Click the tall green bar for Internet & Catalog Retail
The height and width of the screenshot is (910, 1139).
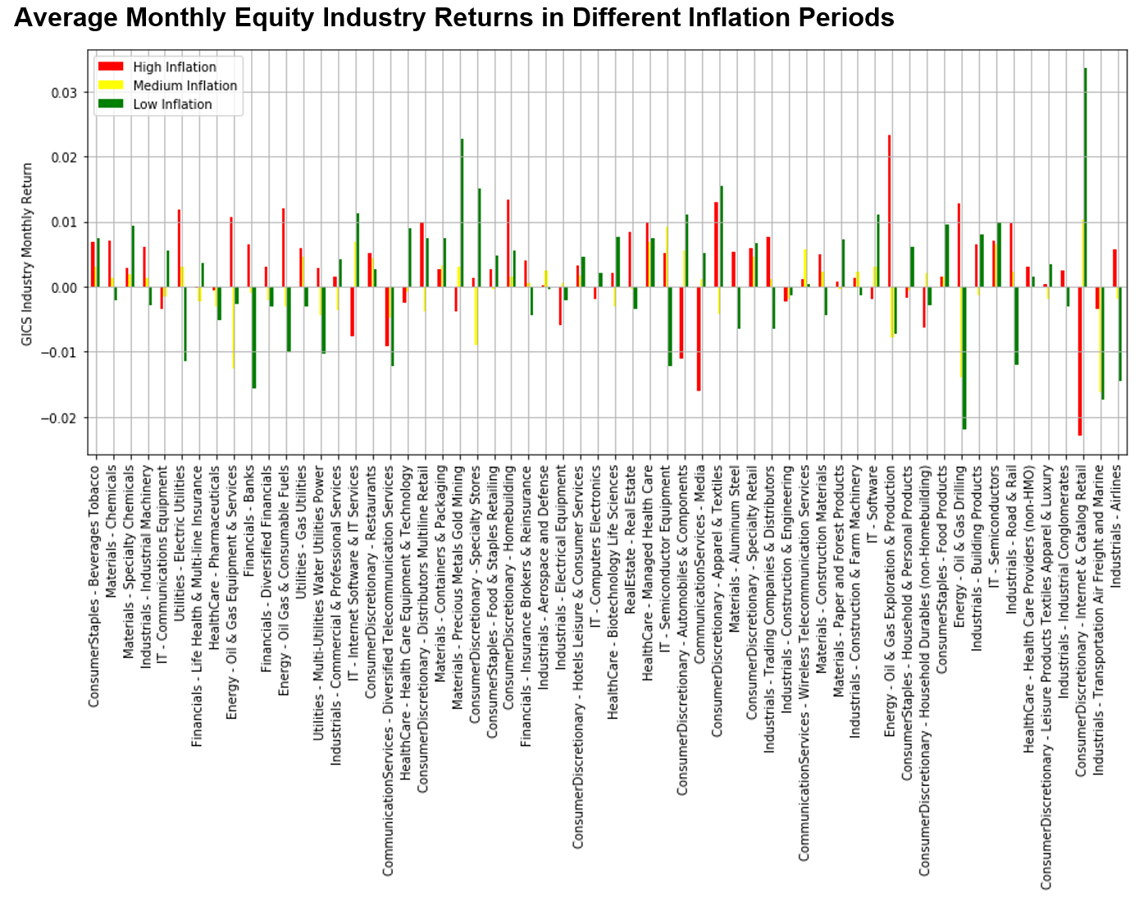[1085, 176]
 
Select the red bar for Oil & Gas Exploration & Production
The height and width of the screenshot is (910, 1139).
[889, 211]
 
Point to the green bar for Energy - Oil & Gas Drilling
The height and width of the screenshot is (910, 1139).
[964, 358]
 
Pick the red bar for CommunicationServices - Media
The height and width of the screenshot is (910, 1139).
[699, 339]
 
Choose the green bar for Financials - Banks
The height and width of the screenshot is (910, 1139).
[254, 337]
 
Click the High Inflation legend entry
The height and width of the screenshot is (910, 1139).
[174, 67]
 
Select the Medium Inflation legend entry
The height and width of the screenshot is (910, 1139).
[185, 85]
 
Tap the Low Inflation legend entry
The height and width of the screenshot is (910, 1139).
[172, 104]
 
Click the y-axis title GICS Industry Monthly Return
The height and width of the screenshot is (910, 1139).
[28, 254]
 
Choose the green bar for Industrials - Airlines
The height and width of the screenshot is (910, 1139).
[1119, 334]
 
